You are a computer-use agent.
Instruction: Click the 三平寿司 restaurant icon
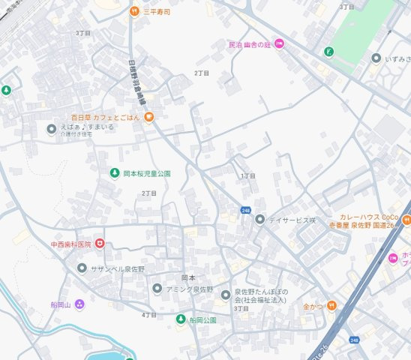coord(134,11)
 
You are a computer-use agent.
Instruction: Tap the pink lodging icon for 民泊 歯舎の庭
coord(279,44)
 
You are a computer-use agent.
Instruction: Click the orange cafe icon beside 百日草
coord(149,116)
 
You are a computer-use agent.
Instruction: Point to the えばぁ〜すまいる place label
coord(87,127)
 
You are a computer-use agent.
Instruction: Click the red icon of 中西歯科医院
coord(100,244)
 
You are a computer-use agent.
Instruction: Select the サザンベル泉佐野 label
coord(118,268)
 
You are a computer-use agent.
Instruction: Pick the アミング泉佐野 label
coord(190,289)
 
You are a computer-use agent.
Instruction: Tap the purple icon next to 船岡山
coord(79,304)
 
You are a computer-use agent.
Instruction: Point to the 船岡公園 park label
coord(202,320)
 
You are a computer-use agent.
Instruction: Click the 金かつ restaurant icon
coord(331,306)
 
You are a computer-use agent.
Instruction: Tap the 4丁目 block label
coord(148,315)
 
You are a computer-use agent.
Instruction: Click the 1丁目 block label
coord(248,175)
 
